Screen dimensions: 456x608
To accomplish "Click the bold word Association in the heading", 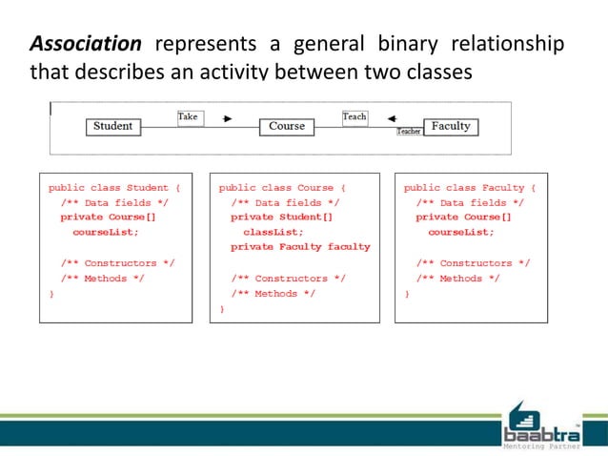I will click(x=86, y=45).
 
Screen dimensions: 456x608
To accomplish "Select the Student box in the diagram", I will click(x=113, y=126).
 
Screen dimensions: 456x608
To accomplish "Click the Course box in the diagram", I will click(x=287, y=126).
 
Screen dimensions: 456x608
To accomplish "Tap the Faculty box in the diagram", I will click(x=451, y=126).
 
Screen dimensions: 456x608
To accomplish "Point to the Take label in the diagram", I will click(x=189, y=117).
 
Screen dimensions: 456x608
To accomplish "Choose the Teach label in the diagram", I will click(x=355, y=117).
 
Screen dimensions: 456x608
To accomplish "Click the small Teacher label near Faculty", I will click(x=409, y=132).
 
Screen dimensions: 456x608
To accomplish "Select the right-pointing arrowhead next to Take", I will click(x=228, y=119).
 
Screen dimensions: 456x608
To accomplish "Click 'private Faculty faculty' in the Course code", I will click(x=300, y=247).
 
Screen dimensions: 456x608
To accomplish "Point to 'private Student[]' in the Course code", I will click(x=282, y=218).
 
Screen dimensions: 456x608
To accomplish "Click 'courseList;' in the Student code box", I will click(x=105, y=232).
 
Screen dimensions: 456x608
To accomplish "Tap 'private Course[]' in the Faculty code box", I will click(x=463, y=218).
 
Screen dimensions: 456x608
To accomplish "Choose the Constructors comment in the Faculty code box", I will click(x=474, y=262).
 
